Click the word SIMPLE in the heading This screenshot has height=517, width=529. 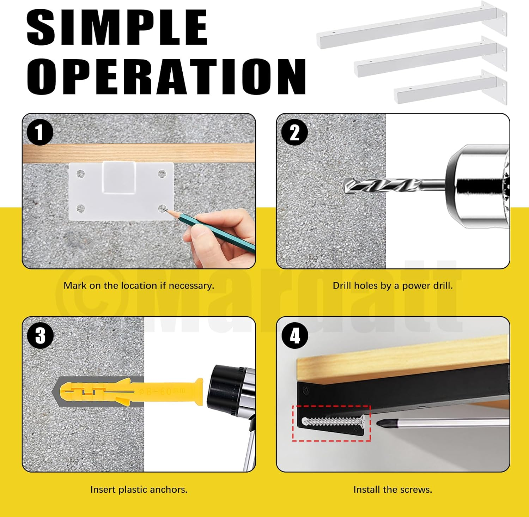pyautogui.click(x=117, y=28)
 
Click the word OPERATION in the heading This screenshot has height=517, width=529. pyautogui.click(x=166, y=77)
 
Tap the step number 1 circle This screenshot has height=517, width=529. pyautogui.click(x=40, y=132)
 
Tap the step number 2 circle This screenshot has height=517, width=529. pyautogui.click(x=294, y=133)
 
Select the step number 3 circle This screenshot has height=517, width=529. pyautogui.click(x=41, y=335)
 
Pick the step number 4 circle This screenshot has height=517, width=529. pyautogui.click(x=295, y=335)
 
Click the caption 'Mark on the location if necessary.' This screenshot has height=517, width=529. pyautogui.click(x=139, y=286)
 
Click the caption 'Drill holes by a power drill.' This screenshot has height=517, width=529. pyautogui.click(x=393, y=286)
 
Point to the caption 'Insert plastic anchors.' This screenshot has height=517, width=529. pyautogui.click(x=139, y=489)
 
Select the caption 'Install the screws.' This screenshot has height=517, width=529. pyautogui.click(x=393, y=489)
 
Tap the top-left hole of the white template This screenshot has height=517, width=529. pyautogui.click(x=80, y=174)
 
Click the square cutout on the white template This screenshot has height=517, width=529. pyautogui.click(x=119, y=177)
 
